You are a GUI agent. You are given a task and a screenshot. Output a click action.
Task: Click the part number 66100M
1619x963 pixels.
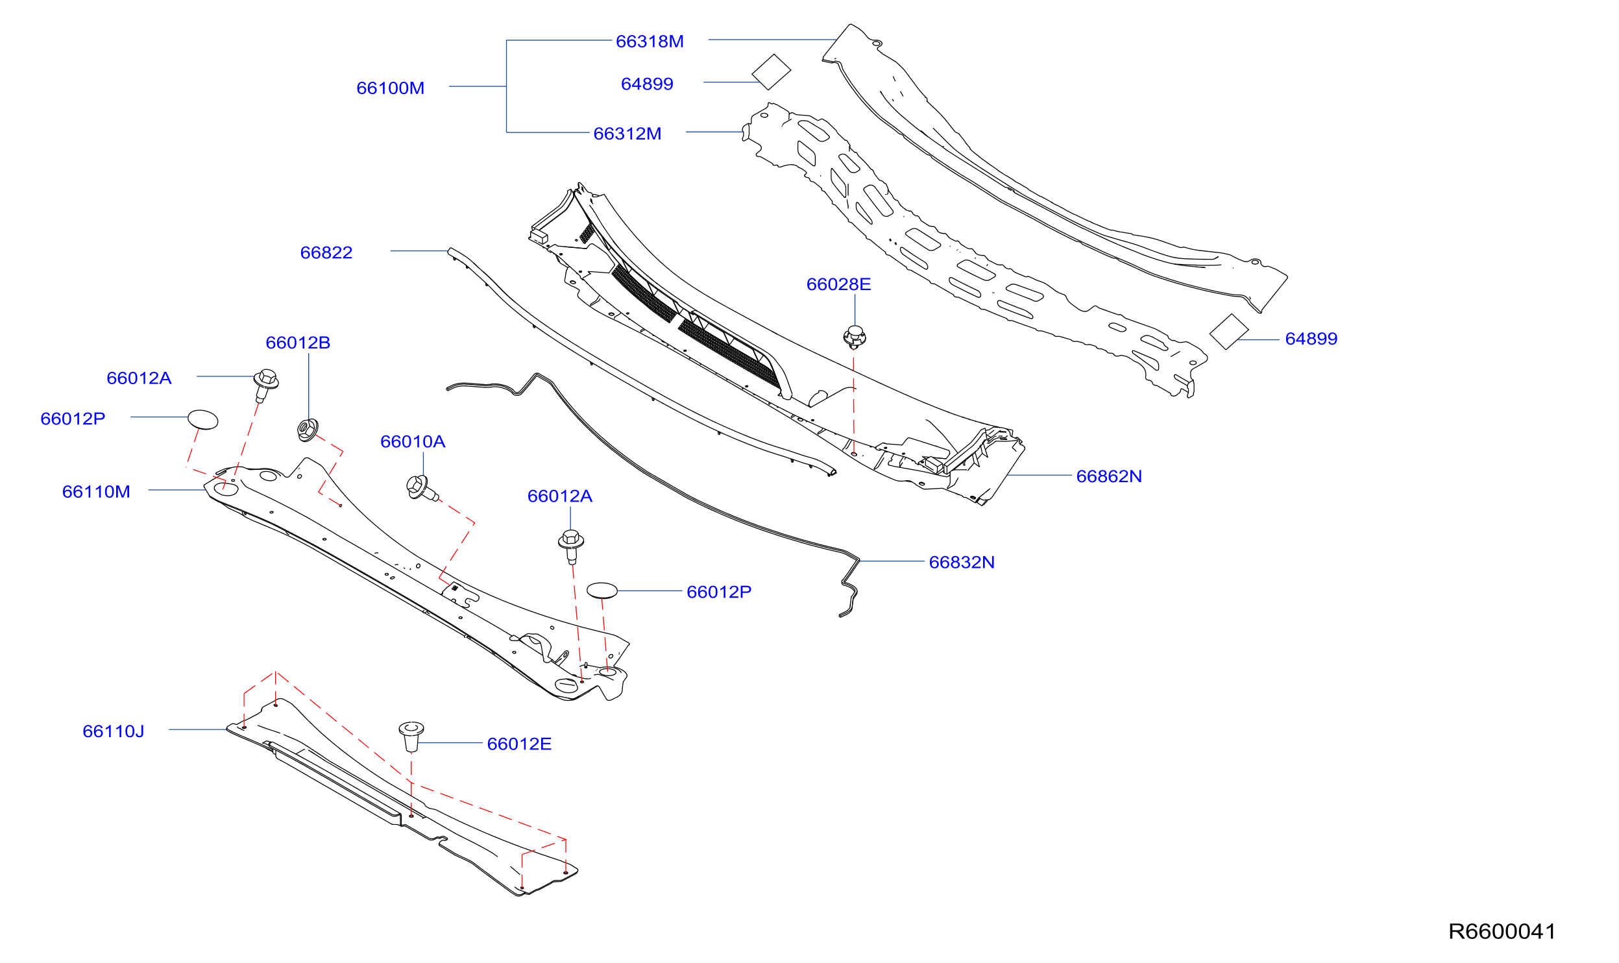pyautogui.click(x=390, y=88)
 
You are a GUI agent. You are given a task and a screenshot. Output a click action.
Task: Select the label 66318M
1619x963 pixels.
pyautogui.click(x=650, y=42)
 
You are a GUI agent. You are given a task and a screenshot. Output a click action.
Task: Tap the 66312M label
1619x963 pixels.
pyautogui.click(x=627, y=134)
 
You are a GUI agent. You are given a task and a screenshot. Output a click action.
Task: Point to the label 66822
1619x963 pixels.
pyautogui.click(x=326, y=252)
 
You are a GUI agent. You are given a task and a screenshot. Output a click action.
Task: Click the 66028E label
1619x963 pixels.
pyautogui.click(x=838, y=284)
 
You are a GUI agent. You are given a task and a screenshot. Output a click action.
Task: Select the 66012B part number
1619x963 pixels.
pyautogui.click(x=298, y=343)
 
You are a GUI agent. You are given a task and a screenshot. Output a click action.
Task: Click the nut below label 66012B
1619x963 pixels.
pyautogui.click(x=307, y=430)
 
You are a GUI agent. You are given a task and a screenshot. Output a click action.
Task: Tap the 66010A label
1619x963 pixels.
pyautogui.click(x=413, y=442)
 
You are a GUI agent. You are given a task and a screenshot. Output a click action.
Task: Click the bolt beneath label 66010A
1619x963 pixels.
pyautogui.click(x=422, y=488)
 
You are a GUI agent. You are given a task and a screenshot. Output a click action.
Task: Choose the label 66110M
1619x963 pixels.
pyautogui.click(x=96, y=492)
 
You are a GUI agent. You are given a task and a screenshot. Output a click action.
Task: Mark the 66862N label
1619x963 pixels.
pyautogui.click(x=1109, y=476)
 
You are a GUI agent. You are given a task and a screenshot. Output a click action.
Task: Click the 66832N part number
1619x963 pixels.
pyautogui.click(x=962, y=562)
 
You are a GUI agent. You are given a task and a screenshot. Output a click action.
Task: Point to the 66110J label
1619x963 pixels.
pyautogui.click(x=114, y=731)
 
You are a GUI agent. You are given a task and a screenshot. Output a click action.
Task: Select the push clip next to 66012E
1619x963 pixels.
pyautogui.click(x=411, y=736)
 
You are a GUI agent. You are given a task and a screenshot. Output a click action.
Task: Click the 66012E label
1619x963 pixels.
pyautogui.click(x=519, y=744)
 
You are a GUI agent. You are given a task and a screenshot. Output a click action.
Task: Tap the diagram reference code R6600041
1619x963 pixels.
pyautogui.click(x=1502, y=931)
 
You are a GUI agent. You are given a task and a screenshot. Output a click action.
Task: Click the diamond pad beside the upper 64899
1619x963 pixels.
pyautogui.click(x=771, y=71)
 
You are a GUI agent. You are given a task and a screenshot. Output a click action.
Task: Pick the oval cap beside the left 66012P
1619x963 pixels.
pyautogui.click(x=202, y=419)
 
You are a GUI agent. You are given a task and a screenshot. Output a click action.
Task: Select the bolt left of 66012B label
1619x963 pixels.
pyautogui.click(x=265, y=385)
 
